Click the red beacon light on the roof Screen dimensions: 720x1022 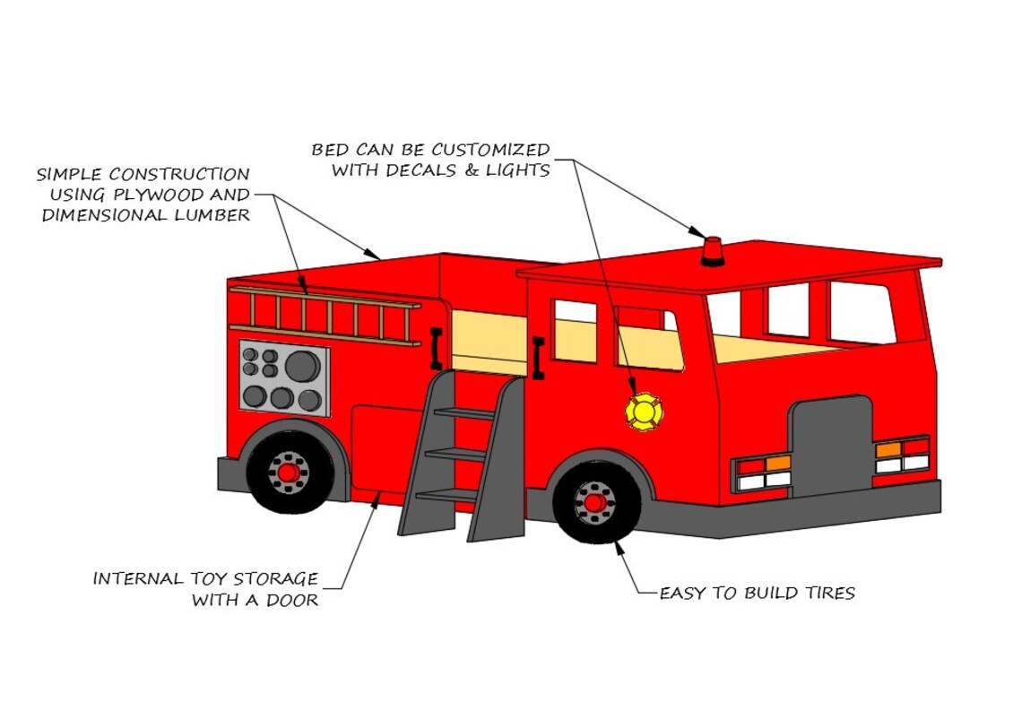click(712, 252)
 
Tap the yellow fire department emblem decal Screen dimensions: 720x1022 click(644, 412)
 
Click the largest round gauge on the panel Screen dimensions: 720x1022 click(302, 365)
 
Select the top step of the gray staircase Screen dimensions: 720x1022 click(463, 413)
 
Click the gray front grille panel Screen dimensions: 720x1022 click(830, 447)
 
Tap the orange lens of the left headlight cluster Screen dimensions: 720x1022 click(778, 464)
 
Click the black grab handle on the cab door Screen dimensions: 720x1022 click(538, 358)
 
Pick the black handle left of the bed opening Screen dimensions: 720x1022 click(436, 349)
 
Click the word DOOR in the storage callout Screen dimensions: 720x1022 click(291, 601)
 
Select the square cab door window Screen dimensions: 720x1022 click(575, 331)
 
